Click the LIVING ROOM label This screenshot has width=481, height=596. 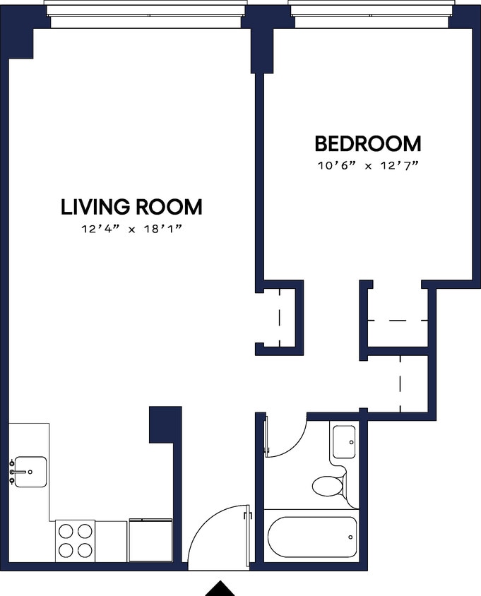[131, 207]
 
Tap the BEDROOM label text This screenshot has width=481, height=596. [367, 144]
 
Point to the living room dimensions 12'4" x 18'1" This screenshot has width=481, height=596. [131, 230]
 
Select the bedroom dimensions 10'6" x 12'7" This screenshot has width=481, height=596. [367, 167]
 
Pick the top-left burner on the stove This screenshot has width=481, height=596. [66, 531]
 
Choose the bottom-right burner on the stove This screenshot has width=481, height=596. [85, 550]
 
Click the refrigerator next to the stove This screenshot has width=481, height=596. [150, 540]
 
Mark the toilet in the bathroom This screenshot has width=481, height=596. [328, 486]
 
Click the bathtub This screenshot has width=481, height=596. [312, 537]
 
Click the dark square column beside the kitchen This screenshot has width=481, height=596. [165, 424]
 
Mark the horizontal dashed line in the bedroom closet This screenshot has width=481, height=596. [398, 320]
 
